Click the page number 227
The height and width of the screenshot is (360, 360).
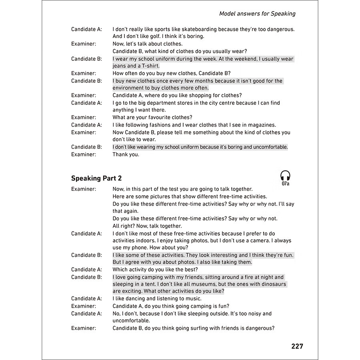pos(297,346)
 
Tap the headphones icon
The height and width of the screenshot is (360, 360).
pos(285,176)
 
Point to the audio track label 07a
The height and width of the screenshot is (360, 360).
pos(285,184)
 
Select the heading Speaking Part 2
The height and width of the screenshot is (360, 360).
pos(96,178)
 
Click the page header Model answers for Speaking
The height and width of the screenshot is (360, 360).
pos(257,14)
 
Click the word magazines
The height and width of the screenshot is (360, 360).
pos(262,125)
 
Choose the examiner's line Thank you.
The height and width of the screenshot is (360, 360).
pos(126,154)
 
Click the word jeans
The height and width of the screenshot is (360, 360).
pos(119,66)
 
